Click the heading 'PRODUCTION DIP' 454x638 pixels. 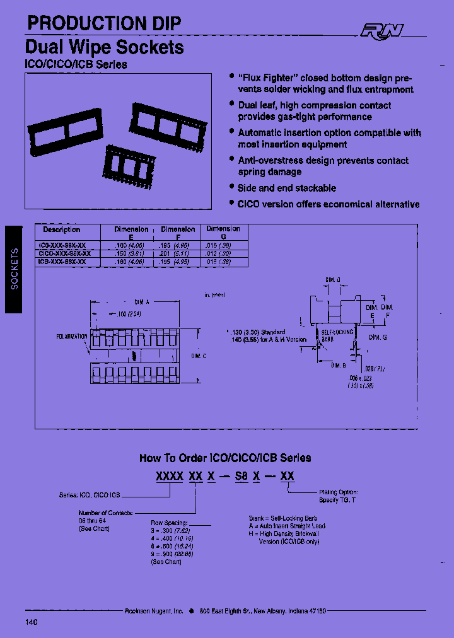click(103, 23)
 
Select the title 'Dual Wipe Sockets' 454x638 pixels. click(105, 47)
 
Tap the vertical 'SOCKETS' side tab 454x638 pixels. click(15, 269)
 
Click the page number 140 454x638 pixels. click(32, 622)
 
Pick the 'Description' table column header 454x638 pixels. click(62, 229)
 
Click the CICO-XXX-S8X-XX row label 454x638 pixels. click(65, 253)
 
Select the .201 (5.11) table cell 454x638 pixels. click(178, 253)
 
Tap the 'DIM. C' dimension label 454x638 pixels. click(198, 356)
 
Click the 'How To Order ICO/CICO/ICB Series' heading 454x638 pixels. click(225, 458)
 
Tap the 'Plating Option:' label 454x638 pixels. click(338, 492)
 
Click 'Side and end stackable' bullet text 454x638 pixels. click(287, 188)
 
